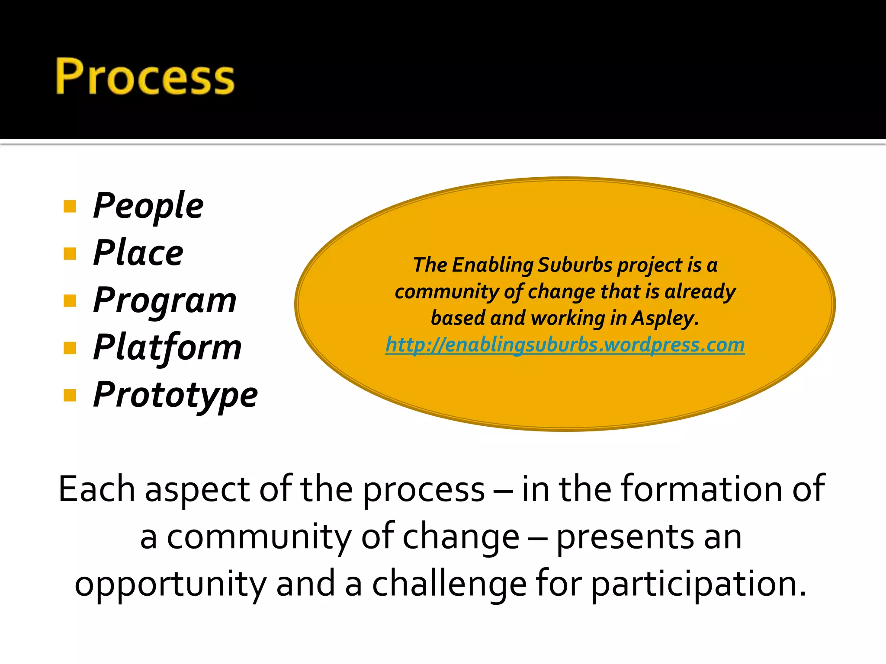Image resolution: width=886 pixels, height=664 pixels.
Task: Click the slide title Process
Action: click(x=145, y=77)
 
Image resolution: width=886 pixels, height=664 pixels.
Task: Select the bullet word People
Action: click(x=148, y=206)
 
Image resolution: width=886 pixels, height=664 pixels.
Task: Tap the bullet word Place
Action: click(x=138, y=253)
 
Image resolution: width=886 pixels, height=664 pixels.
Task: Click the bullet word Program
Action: click(x=165, y=301)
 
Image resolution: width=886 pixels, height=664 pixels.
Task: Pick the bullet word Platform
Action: click(x=167, y=348)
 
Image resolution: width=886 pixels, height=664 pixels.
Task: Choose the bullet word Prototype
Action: click(x=175, y=395)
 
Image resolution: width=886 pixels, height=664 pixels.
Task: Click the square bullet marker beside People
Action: click(x=70, y=207)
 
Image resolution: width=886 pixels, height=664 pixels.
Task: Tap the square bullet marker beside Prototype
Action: click(x=70, y=395)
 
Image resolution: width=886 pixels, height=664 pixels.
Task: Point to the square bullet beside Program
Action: click(x=70, y=300)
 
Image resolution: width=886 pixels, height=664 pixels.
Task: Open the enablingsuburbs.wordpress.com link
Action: click(x=565, y=345)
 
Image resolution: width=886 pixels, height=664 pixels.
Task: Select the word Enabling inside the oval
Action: click(x=492, y=265)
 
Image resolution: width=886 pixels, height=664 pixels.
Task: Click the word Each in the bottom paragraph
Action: click(x=96, y=489)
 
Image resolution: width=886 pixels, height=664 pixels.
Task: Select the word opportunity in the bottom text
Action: click(x=170, y=584)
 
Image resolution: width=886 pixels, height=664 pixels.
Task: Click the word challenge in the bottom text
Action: click(x=449, y=584)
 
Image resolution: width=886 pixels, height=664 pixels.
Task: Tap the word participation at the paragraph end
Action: click(x=698, y=584)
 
